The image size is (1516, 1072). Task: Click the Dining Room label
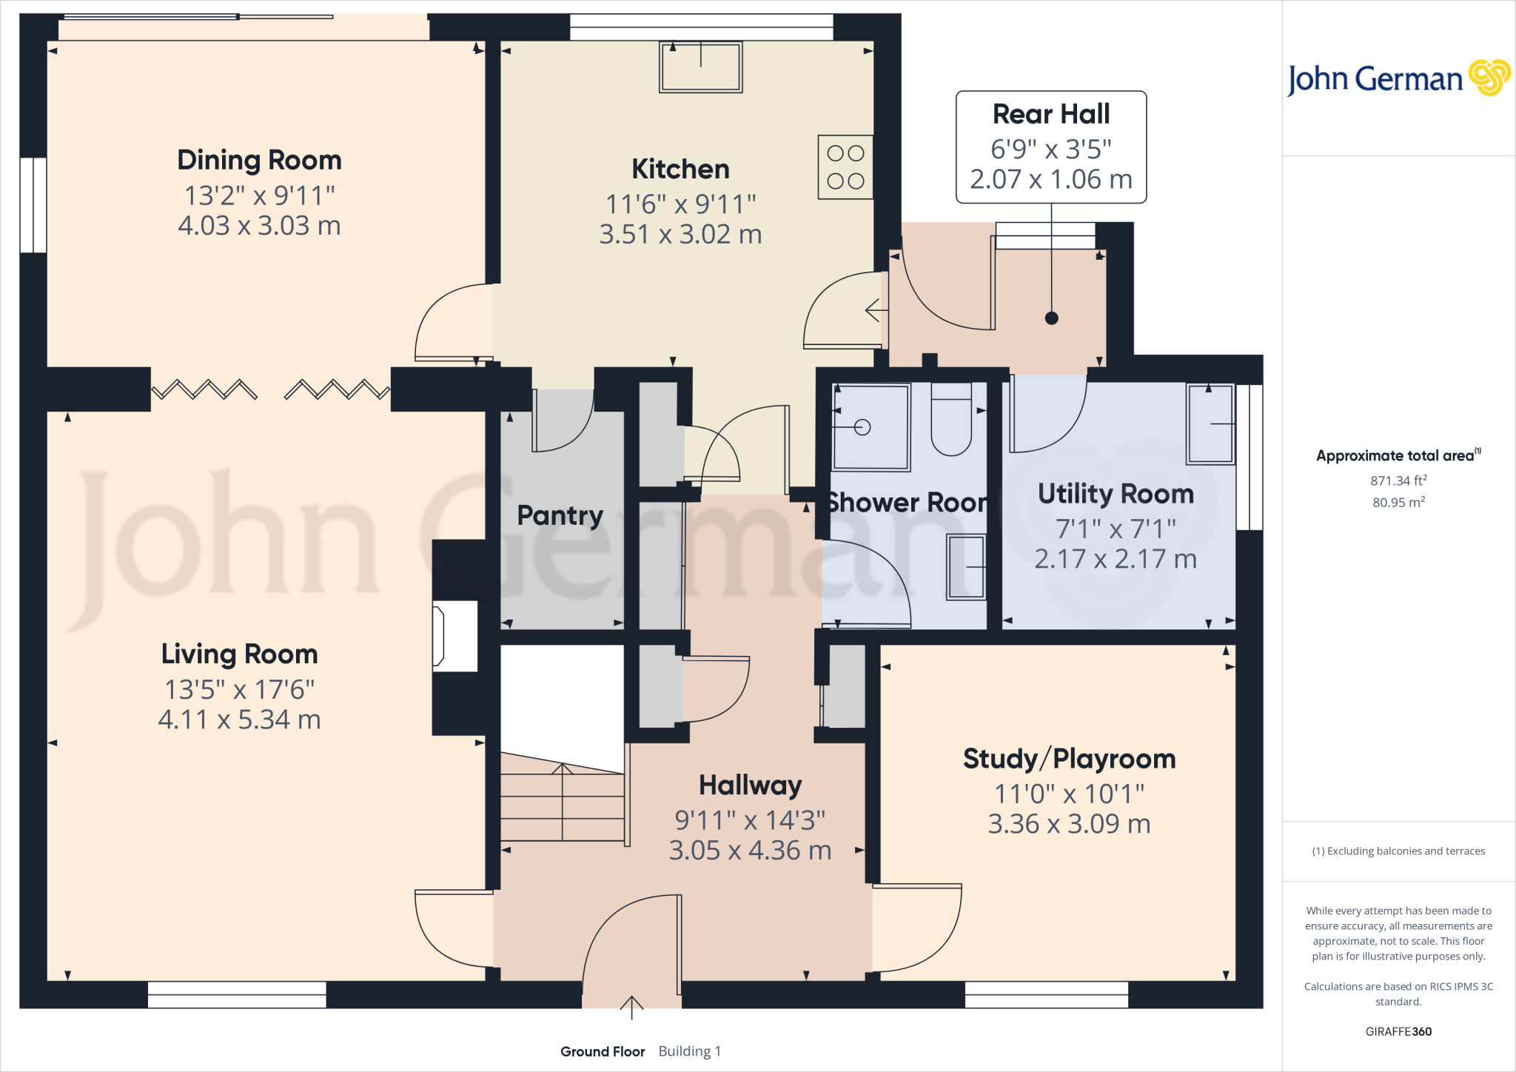point(259,161)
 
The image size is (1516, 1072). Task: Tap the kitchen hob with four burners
point(845,167)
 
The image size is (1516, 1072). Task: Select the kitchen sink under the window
point(700,67)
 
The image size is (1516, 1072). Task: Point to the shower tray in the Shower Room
point(871,427)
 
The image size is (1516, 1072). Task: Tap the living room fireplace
point(454,636)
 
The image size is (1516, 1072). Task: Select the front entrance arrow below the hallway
point(631,1008)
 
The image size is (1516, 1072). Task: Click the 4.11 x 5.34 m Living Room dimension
point(239,720)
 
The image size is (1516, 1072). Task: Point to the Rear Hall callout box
point(1051,147)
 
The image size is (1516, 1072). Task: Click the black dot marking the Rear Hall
point(1051,318)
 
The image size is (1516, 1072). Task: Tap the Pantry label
point(560,515)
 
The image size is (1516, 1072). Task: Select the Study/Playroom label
point(1069,759)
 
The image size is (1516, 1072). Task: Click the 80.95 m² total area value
point(1398,503)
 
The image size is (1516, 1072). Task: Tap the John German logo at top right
point(1398,78)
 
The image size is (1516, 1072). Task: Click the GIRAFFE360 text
point(1398,1031)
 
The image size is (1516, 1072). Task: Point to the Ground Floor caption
point(603,1051)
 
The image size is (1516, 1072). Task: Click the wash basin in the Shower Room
point(966,567)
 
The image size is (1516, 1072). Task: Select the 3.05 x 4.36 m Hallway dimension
point(750,851)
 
